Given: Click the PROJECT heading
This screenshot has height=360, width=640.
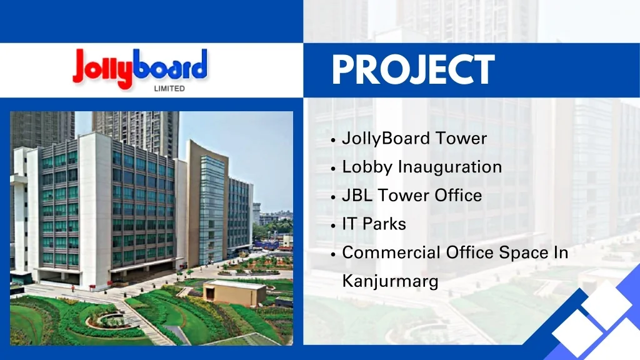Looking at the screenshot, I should click(x=412, y=69).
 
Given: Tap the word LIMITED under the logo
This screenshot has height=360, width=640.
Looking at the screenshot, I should click(x=169, y=89).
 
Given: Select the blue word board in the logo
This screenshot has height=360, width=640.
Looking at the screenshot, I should click(x=171, y=65).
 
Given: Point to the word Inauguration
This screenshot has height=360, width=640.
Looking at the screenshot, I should click(x=450, y=167).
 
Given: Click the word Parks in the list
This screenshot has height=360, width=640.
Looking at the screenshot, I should click(x=384, y=224).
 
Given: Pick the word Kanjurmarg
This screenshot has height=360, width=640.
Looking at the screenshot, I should click(x=390, y=281).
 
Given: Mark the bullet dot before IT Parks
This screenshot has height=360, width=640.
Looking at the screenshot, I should click(x=335, y=225).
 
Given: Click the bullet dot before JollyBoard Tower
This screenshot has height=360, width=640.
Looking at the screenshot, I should click(x=335, y=139).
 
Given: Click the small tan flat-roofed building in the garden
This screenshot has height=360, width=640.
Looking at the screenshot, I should click(x=234, y=292).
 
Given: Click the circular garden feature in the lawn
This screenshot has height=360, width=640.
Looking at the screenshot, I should click(x=105, y=320).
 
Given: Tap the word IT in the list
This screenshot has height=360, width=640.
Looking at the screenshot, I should click(x=349, y=224).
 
